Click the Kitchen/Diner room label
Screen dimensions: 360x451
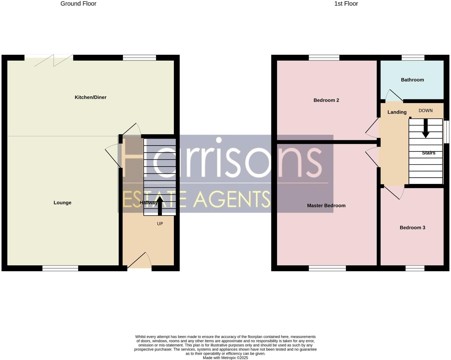[90, 97]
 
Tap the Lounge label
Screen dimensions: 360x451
[62, 203]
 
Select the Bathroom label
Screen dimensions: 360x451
[412, 80]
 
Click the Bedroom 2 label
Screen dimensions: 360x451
[326, 100]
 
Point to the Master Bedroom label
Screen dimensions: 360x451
[326, 206]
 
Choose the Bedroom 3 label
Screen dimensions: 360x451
[412, 228]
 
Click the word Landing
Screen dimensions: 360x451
[397, 112]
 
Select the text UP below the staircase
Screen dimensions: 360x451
[160, 224]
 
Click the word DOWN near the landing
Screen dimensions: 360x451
[425, 111]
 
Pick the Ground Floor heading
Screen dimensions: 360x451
[78, 4]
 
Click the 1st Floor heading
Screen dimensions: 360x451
[346, 4]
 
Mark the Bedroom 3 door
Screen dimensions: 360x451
[394, 192]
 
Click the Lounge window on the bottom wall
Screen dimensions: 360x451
[60, 268]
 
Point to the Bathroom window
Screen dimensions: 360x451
[413, 57]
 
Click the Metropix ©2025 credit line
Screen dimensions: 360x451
[225, 358]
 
